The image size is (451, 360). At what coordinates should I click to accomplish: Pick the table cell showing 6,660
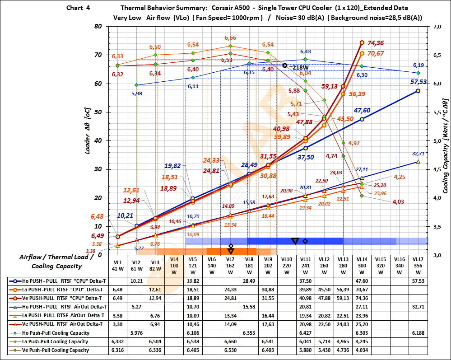(x=230, y=341)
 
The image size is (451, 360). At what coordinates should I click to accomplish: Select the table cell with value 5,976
(x=136, y=333)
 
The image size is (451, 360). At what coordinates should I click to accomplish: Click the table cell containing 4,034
(x=362, y=350)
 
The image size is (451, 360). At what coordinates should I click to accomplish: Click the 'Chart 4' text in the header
(x=78, y=8)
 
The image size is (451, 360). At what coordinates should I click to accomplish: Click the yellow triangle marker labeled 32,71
(x=418, y=161)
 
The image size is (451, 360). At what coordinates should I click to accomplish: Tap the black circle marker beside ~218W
(x=285, y=65)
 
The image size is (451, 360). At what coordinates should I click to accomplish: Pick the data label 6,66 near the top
(x=230, y=38)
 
